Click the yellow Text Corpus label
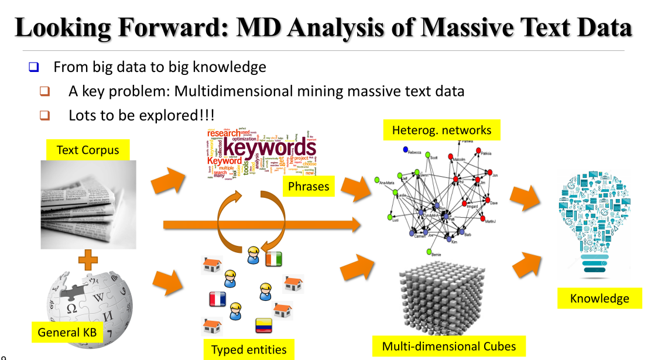tap(88, 150)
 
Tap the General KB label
tap(67, 332)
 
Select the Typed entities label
tap(249, 349)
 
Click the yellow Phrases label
tap(309, 187)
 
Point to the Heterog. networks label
tap(442, 130)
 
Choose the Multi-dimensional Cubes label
tap(449, 346)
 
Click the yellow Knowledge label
tap(599, 299)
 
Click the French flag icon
tap(217, 299)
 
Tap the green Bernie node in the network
tap(429, 251)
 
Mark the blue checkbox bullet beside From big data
tap(33, 67)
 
